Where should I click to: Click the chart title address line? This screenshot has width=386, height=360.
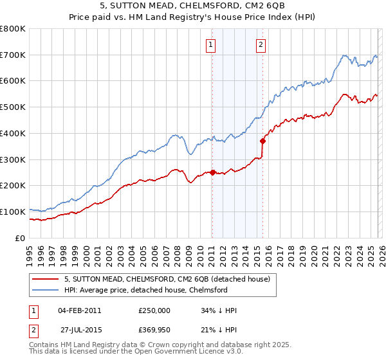coord(192,7)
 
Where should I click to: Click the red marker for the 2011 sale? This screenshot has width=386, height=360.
coord(212,172)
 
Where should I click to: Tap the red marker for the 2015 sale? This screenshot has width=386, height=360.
coord(262,141)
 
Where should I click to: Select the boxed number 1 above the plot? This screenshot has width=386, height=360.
coord(211,45)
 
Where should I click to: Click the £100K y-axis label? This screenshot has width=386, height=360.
coord(13,212)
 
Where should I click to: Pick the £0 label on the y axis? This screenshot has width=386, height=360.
coord(21,238)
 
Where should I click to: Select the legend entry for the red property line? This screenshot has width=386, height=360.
coord(170,279)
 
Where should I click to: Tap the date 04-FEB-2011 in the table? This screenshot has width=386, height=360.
coord(79,310)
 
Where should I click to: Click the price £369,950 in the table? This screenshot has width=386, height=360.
coord(154,330)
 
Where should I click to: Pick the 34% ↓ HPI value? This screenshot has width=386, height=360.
coord(219,310)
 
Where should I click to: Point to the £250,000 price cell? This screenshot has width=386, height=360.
coord(154,310)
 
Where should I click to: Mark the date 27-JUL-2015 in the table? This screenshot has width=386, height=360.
coord(79,330)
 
